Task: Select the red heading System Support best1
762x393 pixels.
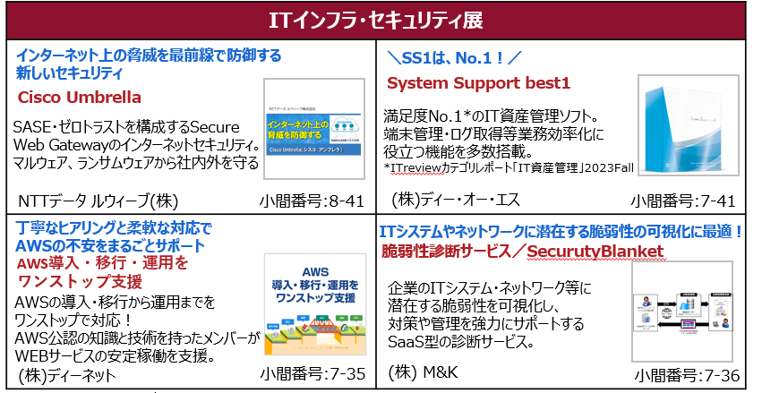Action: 478,83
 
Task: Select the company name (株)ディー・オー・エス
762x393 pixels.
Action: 457,198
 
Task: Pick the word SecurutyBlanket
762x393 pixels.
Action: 595,252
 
